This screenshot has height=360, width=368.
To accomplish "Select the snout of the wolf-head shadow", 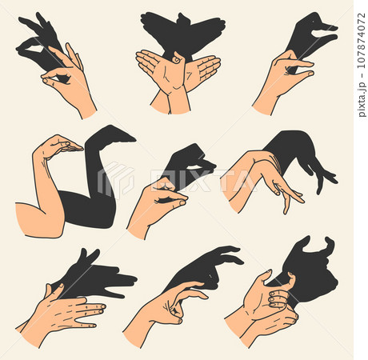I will click(x=128, y=280).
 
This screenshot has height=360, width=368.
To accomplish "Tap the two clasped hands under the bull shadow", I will click(x=264, y=308).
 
